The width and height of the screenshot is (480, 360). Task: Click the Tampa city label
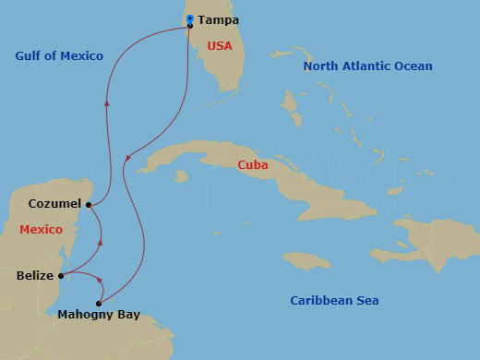[x=219, y=19]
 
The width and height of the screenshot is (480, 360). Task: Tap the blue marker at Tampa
[x=189, y=18]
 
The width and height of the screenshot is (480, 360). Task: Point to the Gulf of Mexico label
[x=59, y=56]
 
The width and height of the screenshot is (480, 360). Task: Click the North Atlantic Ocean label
[x=368, y=66]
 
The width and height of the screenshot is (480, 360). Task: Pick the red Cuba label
[x=253, y=165]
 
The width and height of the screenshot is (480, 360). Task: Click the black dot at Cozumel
[x=89, y=204]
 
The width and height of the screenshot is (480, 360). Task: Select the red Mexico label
[x=40, y=229]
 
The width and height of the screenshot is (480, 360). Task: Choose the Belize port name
[x=34, y=275]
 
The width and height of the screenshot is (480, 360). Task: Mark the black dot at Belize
[x=61, y=275]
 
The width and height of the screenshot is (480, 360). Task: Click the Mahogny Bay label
[x=99, y=315]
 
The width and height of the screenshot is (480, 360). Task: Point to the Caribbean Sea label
[x=334, y=300]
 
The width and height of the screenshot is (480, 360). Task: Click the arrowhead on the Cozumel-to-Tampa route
[x=108, y=102]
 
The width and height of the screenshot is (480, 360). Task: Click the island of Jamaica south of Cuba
[x=306, y=260]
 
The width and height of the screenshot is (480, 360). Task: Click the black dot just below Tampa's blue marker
[x=189, y=26]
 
